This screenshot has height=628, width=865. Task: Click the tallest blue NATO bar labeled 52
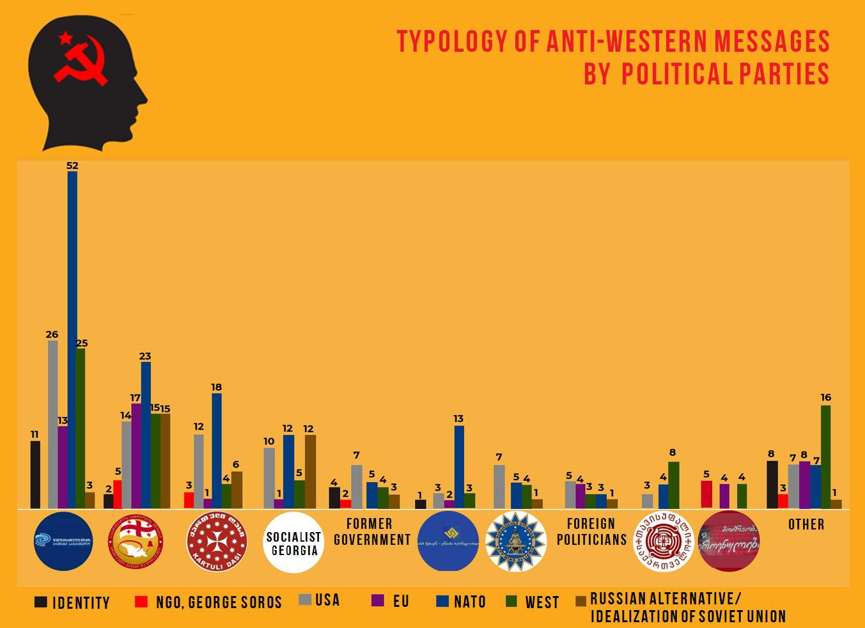(x=72, y=339)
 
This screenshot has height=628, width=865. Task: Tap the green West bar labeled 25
(x=81, y=428)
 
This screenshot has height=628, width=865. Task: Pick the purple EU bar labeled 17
(x=136, y=455)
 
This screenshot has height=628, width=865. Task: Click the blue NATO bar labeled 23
(x=146, y=435)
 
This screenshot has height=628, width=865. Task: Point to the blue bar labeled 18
(x=217, y=451)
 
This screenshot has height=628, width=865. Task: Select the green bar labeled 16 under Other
(x=825, y=457)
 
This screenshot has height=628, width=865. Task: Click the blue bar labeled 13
(x=459, y=467)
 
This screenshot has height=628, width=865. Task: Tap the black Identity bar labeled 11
(x=35, y=475)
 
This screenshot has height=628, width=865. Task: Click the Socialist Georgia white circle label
(x=293, y=543)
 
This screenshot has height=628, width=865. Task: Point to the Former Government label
(x=371, y=532)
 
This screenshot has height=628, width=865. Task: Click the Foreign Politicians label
(x=591, y=532)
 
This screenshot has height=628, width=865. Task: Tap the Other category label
(x=806, y=524)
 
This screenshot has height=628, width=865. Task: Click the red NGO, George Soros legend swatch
(x=141, y=602)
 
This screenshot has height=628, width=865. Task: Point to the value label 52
(x=72, y=166)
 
